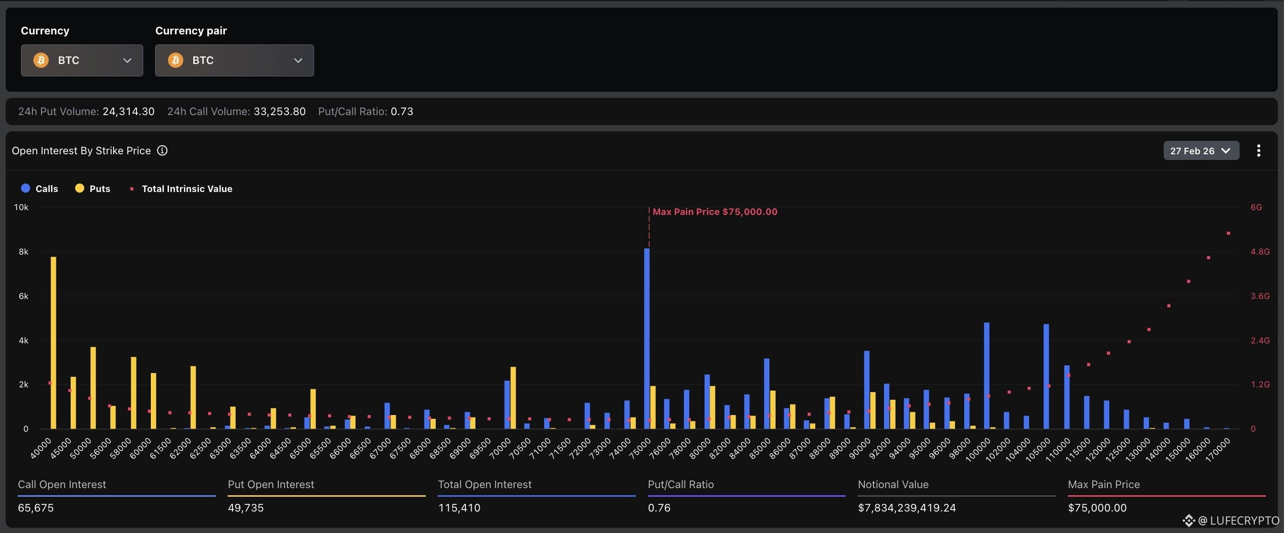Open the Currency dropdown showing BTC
(x=82, y=60)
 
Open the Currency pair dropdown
(x=234, y=60)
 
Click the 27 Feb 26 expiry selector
(x=1201, y=150)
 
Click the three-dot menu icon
(x=1259, y=150)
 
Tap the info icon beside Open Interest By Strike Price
(x=162, y=150)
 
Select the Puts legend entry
(x=92, y=189)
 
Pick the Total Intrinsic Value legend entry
(x=181, y=189)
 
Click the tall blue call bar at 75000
(x=646, y=339)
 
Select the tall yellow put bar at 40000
(x=53, y=342)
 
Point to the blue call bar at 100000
(x=987, y=375)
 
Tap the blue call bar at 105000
(x=1046, y=376)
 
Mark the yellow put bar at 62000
(x=193, y=397)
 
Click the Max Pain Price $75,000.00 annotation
(x=715, y=212)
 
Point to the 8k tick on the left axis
(x=23, y=252)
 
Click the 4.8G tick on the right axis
(x=1260, y=252)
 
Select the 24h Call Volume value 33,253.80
(x=280, y=111)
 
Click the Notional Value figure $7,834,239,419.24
(x=906, y=508)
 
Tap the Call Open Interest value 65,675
(x=36, y=508)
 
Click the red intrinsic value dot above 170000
(x=1228, y=234)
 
